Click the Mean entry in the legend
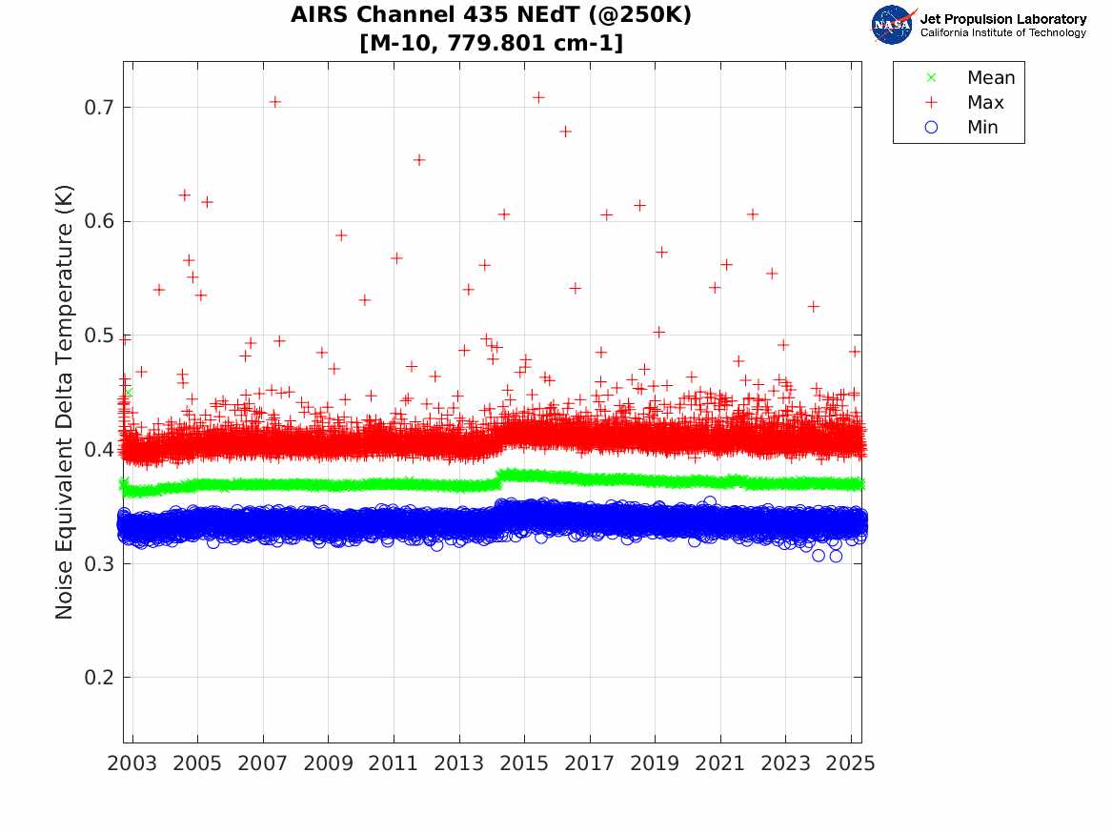[990, 78]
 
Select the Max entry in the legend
[984, 103]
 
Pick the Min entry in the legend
[982, 128]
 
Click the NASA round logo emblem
[893, 25]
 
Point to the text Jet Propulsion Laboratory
[1002, 19]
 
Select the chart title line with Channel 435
[491, 16]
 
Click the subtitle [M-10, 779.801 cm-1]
[491, 44]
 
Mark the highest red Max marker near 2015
[538, 97]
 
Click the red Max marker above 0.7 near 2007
[274, 102]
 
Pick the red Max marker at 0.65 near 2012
[418, 159]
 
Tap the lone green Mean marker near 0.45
[128, 392]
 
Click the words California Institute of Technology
[1002, 33]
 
